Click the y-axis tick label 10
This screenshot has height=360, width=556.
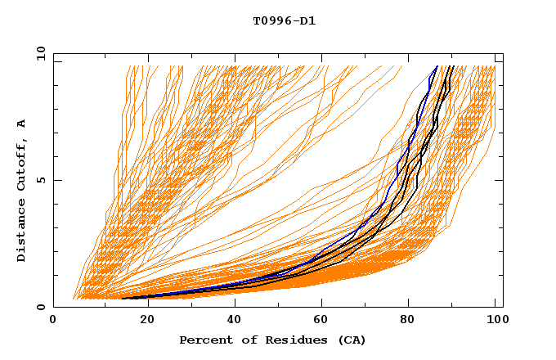tap(40, 53)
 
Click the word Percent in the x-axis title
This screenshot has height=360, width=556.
tap(205, 340)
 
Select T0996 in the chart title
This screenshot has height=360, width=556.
tap(270, 20)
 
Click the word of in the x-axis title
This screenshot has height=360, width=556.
tap(242, 340)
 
